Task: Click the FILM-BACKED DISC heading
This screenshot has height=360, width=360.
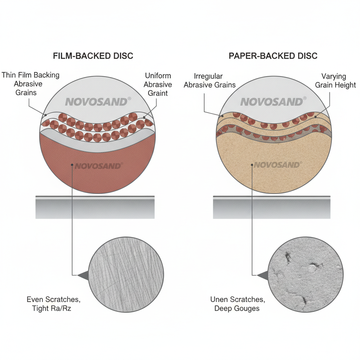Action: pyautogui.click(x=93, y=56)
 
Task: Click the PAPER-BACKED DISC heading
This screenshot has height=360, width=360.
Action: pyautogui.click(x=273, y=56)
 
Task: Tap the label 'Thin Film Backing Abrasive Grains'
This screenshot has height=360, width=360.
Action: pyautogui.click(x=30, y=84)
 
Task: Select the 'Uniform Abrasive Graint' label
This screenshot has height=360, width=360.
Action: pyautogui.click(x=158, y=84)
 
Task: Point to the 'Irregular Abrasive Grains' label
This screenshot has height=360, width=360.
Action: pyautogui.click(x=210, y=81)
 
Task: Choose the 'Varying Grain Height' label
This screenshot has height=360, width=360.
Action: pyautogui.click(x=335, y=81)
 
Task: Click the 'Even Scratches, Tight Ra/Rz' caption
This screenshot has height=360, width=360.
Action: pyautogui.click(x=53, y=303)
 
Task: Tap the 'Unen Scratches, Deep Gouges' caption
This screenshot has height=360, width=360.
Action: pyautogui.click(x=238, y=303)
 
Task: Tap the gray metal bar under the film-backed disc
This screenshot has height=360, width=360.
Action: pyautogui.click(x=95, y=207)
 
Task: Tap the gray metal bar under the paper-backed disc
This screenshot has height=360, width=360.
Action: pyautogui.click(x=272, y=207)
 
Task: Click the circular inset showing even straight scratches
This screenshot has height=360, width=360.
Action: pyautogui.click(x=126, y=275)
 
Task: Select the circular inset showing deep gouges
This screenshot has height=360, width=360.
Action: pyautogui.click(x=306, y=275)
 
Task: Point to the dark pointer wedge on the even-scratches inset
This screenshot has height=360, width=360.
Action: pyautogui.click(x=83, y=275)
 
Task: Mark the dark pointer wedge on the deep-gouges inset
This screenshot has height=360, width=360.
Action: pyautogui.click(x=263, y=275)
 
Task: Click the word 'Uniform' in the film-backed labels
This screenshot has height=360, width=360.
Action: pyautogui.click(x=158, y=76)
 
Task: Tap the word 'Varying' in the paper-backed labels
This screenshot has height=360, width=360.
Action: pyautogui.click(x=334, y=76)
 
